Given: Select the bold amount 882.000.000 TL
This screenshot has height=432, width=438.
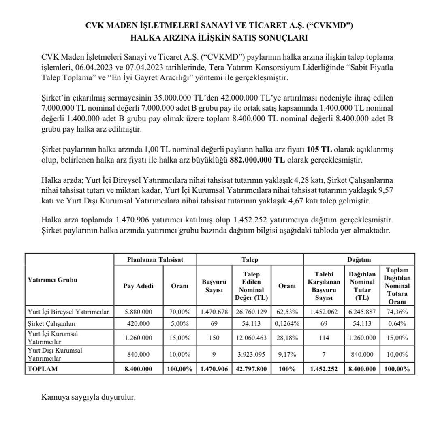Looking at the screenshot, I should click(257, 159).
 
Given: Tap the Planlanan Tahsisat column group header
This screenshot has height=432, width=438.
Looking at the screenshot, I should click(155, 259).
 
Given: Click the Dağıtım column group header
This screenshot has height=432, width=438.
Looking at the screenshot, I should click(359, 259).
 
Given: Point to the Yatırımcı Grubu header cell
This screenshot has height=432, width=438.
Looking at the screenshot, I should click(53, 280).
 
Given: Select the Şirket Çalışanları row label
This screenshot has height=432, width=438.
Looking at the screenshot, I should click(51, 324).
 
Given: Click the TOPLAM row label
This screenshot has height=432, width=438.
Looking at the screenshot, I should click(43, 369).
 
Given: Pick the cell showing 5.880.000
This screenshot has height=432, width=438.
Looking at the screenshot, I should click(138, 312).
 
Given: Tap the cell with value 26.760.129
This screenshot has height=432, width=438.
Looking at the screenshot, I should click(252, 312).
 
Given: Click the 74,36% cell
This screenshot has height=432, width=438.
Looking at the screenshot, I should click(397, 312).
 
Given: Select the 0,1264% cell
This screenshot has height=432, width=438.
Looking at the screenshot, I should click(287, 324).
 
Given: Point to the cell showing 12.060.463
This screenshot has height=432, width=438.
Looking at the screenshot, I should click(252, 338).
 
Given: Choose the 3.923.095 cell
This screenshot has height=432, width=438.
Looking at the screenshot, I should click(252, 354).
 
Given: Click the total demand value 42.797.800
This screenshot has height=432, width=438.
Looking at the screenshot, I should click(252, 369).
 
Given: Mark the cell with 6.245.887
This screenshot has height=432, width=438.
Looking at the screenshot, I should click(362, 312).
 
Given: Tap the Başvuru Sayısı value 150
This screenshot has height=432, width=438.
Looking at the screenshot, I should click(214, 338).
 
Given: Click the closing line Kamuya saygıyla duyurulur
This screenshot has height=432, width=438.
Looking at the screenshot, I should click(88, 397).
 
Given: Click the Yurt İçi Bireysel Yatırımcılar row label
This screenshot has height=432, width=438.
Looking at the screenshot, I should click(67, 312).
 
